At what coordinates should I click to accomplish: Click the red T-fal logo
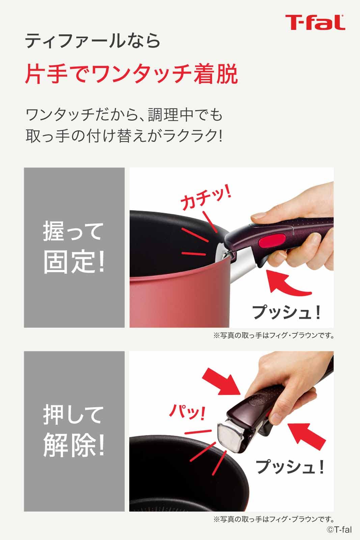coord(315,22)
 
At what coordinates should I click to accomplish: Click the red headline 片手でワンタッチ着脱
coord(132,74)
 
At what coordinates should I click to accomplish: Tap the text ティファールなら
coord(93,41)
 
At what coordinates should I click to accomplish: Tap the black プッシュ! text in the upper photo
coord(286,313)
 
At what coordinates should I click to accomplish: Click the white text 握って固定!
coord(74,247)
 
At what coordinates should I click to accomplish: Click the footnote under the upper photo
coord(274,335)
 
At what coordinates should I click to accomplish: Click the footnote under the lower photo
coord(274,519)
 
